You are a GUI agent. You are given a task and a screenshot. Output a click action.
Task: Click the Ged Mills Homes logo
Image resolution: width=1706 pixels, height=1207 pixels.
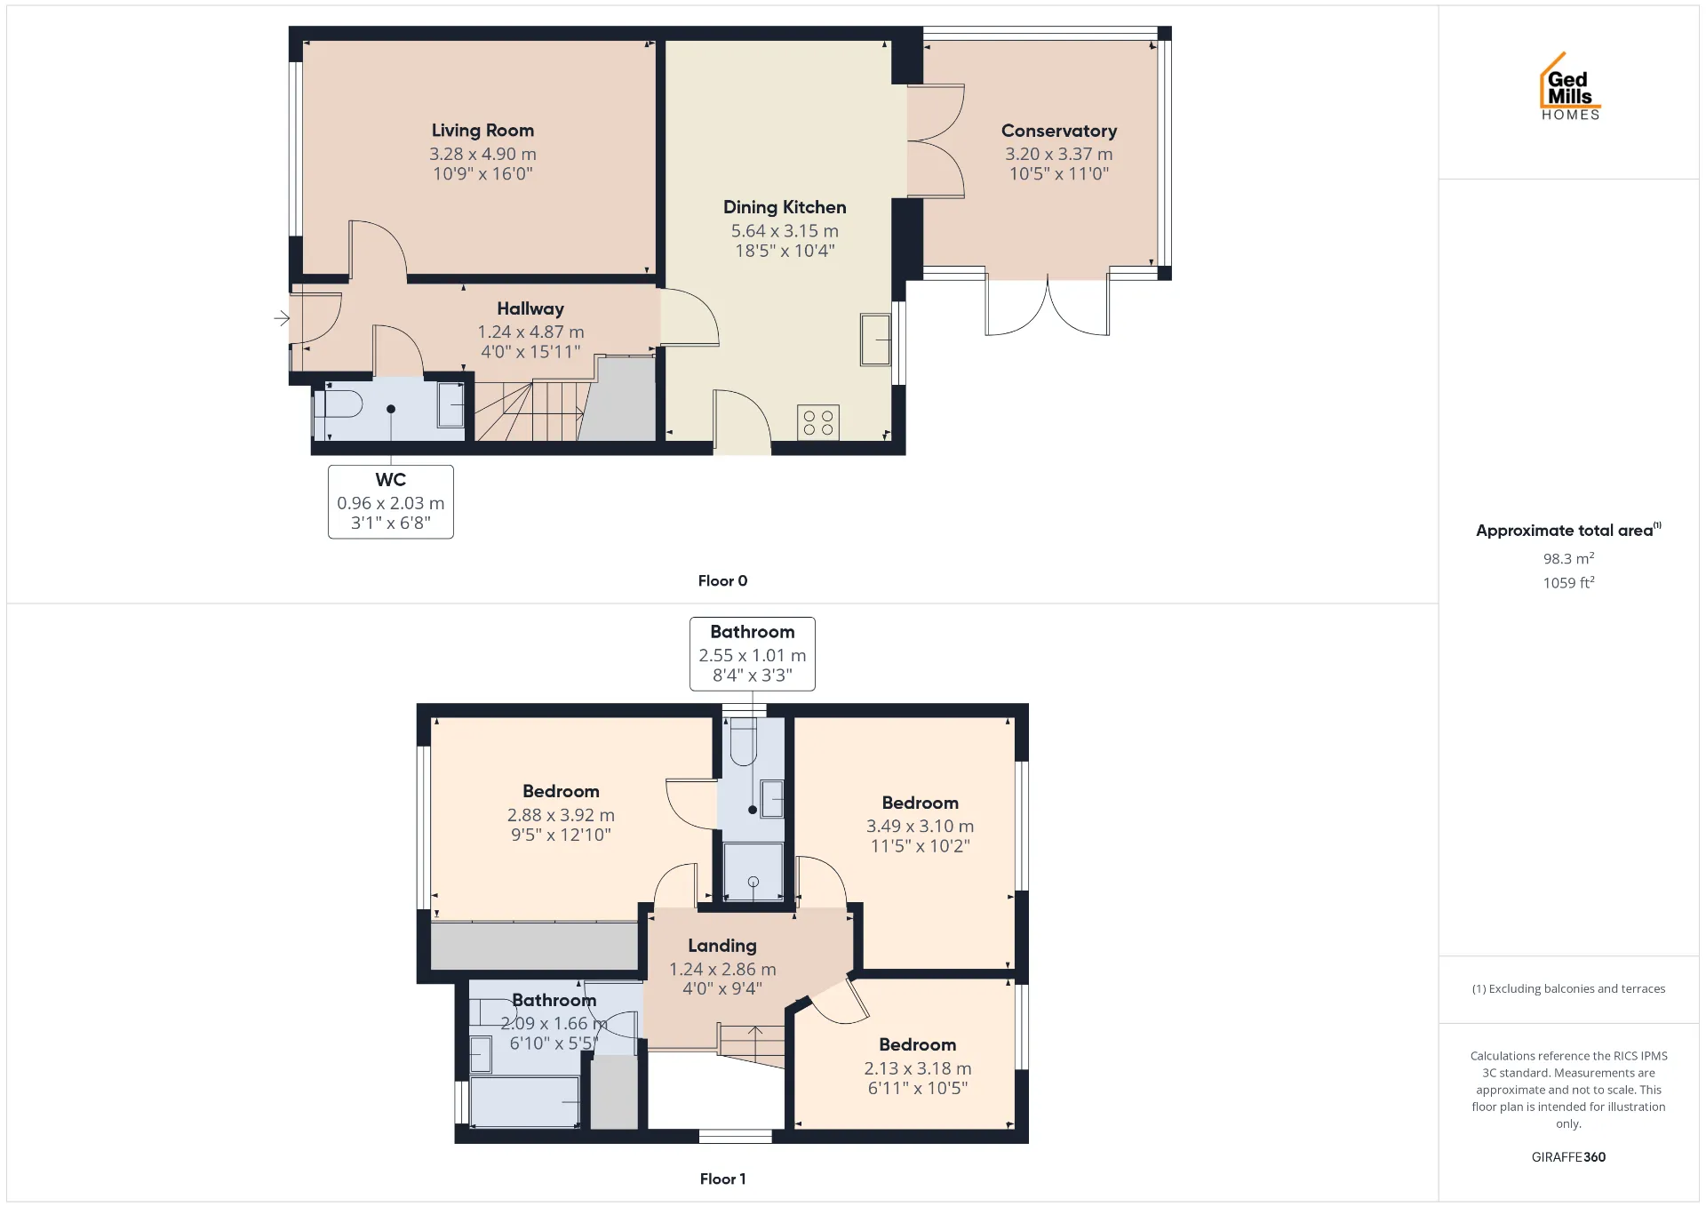point(1570,86)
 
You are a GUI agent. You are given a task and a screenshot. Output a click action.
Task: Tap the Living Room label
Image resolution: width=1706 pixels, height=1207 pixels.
point(482,131)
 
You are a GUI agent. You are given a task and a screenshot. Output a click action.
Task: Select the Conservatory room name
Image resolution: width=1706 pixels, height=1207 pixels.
point(1059,131)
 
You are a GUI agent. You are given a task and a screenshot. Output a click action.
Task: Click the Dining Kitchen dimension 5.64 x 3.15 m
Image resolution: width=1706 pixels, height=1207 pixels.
point(785,231)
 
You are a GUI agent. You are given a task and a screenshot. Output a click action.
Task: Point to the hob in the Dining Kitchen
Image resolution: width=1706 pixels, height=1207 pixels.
point(818,422)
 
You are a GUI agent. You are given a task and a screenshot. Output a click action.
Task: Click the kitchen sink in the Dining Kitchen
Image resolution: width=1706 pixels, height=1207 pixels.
point(875,340)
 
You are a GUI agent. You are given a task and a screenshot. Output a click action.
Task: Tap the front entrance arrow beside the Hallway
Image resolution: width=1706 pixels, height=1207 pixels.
point(282,317)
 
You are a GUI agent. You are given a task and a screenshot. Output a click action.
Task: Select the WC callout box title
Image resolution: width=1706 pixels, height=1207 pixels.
point(391,480)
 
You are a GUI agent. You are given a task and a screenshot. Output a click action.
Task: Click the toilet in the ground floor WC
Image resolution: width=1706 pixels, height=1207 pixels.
point(339,404)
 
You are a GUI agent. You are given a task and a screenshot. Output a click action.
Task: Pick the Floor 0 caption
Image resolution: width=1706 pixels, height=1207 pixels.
point(722,580)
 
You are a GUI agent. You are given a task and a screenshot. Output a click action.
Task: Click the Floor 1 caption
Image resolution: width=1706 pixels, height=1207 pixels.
point(722,1179)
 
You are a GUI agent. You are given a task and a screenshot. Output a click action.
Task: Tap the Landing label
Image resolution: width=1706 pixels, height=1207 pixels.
point(722,946)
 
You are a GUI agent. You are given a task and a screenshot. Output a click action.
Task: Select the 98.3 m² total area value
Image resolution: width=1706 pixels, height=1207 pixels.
point(1568,558)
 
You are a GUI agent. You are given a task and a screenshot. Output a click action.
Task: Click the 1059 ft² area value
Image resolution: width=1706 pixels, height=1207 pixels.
point(1568,582)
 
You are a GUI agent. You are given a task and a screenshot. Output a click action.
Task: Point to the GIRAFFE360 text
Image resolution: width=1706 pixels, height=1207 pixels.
point(1568,1156)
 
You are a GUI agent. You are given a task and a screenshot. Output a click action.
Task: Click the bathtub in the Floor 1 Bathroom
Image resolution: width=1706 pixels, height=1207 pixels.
point(524,1101)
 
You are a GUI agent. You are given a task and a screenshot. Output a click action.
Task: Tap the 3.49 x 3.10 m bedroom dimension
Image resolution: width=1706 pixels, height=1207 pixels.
point(920,827)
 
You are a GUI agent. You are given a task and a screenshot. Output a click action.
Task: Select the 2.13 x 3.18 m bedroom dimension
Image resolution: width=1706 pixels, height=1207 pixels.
point(918,1068)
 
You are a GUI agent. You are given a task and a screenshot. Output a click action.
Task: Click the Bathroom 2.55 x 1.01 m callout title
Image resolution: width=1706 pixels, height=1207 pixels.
point(753,632)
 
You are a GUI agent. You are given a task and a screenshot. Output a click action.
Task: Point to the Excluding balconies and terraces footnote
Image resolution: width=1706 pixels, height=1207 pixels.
point(1568,988)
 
